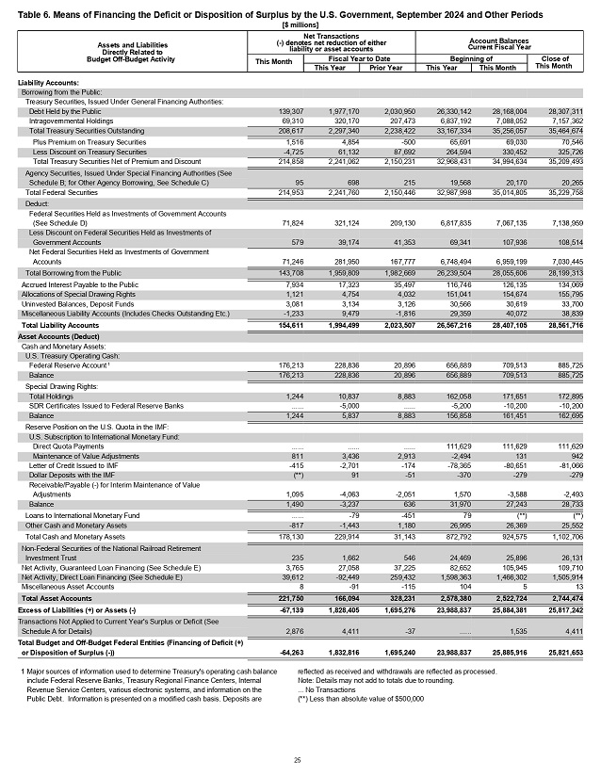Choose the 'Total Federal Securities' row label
61,192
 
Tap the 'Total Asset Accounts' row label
56,598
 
